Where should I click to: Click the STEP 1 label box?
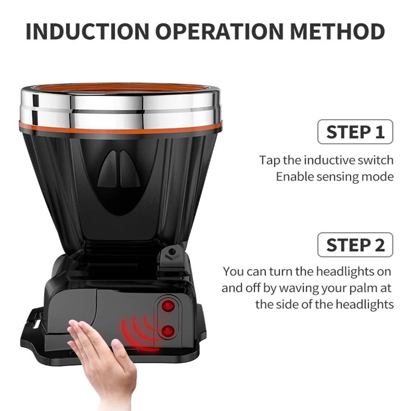(355, 132)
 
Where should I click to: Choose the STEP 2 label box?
(355, 245)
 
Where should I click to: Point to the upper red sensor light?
(166, 306)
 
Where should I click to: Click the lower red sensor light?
(166, 331)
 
